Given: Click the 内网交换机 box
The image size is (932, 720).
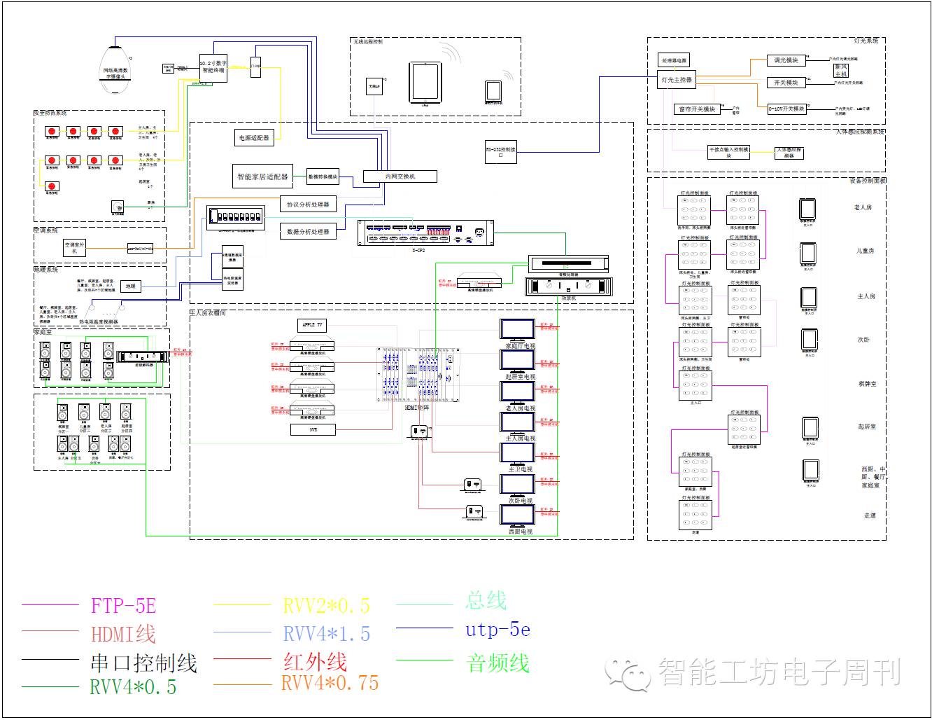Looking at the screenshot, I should pos(400,176).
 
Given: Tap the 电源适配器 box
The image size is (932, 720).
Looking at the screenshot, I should pos(253,138).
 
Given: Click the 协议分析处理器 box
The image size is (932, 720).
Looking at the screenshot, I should pos(307,204).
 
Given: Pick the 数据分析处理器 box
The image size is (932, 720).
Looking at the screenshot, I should pos(308,231).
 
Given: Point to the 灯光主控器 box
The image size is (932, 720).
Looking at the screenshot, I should pos(677,80).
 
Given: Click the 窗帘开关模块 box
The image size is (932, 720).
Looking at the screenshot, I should pos(697,109).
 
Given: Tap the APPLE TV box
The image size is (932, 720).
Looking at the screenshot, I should pos(312,325).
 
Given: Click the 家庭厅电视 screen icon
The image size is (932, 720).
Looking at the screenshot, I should pos(518,330).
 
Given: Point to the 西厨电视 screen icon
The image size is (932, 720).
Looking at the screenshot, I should pos(518,515).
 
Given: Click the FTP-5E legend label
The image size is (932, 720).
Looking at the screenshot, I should pos(122,605).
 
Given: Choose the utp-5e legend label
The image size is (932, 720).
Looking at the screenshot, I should pos(497,630).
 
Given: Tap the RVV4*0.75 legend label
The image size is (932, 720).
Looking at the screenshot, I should pos(330,683).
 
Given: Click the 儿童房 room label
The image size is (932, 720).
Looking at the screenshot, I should pos(865,251).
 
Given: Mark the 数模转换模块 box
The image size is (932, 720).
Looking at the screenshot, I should pos(323,176).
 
